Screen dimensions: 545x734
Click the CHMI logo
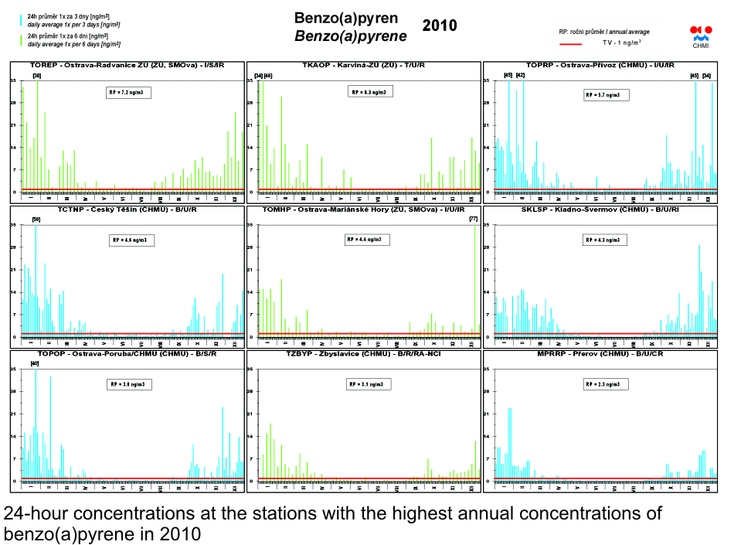pyautogui.click(x=701, y=33)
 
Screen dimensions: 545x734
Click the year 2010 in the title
pyautogui.click(x=440, y=26)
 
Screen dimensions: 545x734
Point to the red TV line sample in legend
pyautogui.click(x=570, y=43)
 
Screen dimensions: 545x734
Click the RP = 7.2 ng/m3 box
pyautogui.click(x=128, y=92)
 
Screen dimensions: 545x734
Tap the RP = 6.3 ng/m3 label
pyautogui.click(x=369, y=92)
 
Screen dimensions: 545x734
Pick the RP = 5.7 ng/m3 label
pyautogui.click(x=606, y=95)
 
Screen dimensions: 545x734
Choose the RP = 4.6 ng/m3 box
pyautogui.click(x=133, y=240)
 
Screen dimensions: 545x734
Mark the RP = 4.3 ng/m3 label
pyautogui.click(x=606, y=240)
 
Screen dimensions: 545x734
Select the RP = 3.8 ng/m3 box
pyautogui.click(x=128, y=384)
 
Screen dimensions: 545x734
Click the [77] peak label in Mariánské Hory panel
pyautogui.click(x=474, y=220)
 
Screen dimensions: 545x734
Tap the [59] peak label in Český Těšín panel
pyautogui.click(x=36, y=220)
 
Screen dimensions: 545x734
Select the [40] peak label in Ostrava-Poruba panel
pyautogui.click(x=35, y=363)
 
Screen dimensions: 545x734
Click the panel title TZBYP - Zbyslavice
pyautogui.click(x=363, y=353)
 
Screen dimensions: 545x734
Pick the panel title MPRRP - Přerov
pyautogui.click(x=600, y=353)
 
